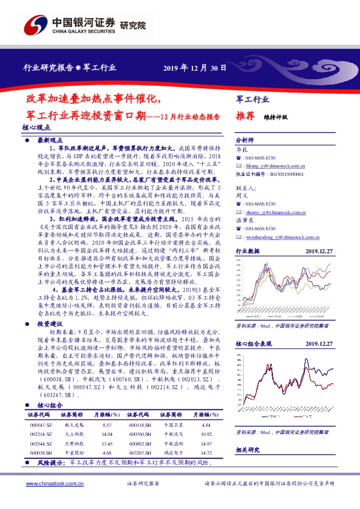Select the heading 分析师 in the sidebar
pyautogui.click(x=245, y=138)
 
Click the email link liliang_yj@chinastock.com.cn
pyautogui.click(x=271, y=164)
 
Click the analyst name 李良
pyautogui.click(x=241, y=147)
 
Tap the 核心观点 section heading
pyautogui.click(x=36, y=128)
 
